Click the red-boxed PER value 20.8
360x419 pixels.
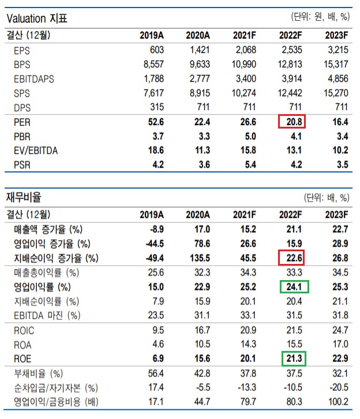coord(292,122)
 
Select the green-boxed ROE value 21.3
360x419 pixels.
coord(292,359)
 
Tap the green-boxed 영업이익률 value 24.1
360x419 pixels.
coord(292,286)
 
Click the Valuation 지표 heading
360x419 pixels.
coord(37,18)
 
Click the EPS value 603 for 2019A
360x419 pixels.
coord(156,50)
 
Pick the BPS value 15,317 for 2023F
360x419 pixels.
coord(336,65)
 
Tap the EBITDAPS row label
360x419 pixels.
coord(34,79)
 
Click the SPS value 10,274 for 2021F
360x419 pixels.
coord(244,93)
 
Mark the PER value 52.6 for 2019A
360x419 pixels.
coord(155,122)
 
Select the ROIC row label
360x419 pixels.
coord(24,330)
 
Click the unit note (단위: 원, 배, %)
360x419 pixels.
coord(321,17)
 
